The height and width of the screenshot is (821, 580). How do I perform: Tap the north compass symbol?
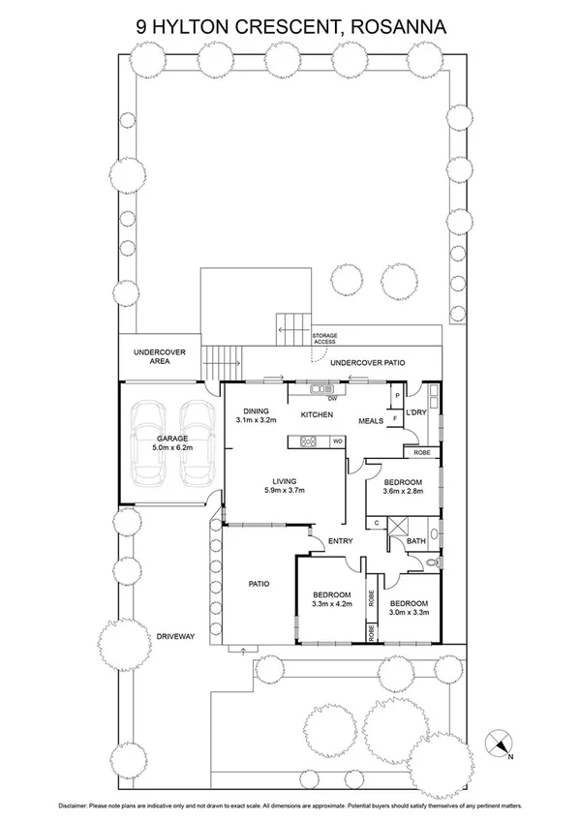point(501,742)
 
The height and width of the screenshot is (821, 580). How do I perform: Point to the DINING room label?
point(257,410)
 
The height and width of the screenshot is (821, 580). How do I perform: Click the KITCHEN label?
point(317,415)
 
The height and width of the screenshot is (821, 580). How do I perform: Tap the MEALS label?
point(372,421)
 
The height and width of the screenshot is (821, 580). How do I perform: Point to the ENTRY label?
point(340,541)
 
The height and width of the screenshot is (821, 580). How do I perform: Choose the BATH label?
point(416,541)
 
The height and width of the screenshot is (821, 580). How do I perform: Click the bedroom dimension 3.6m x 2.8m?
point(402,493)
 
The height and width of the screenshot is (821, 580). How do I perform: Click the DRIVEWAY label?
point(176,636)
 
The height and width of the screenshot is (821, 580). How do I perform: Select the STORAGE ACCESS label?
point(324,338)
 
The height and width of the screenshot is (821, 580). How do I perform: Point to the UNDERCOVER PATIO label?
point(367,363)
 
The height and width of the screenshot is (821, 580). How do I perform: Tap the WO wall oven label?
point(337,441)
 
